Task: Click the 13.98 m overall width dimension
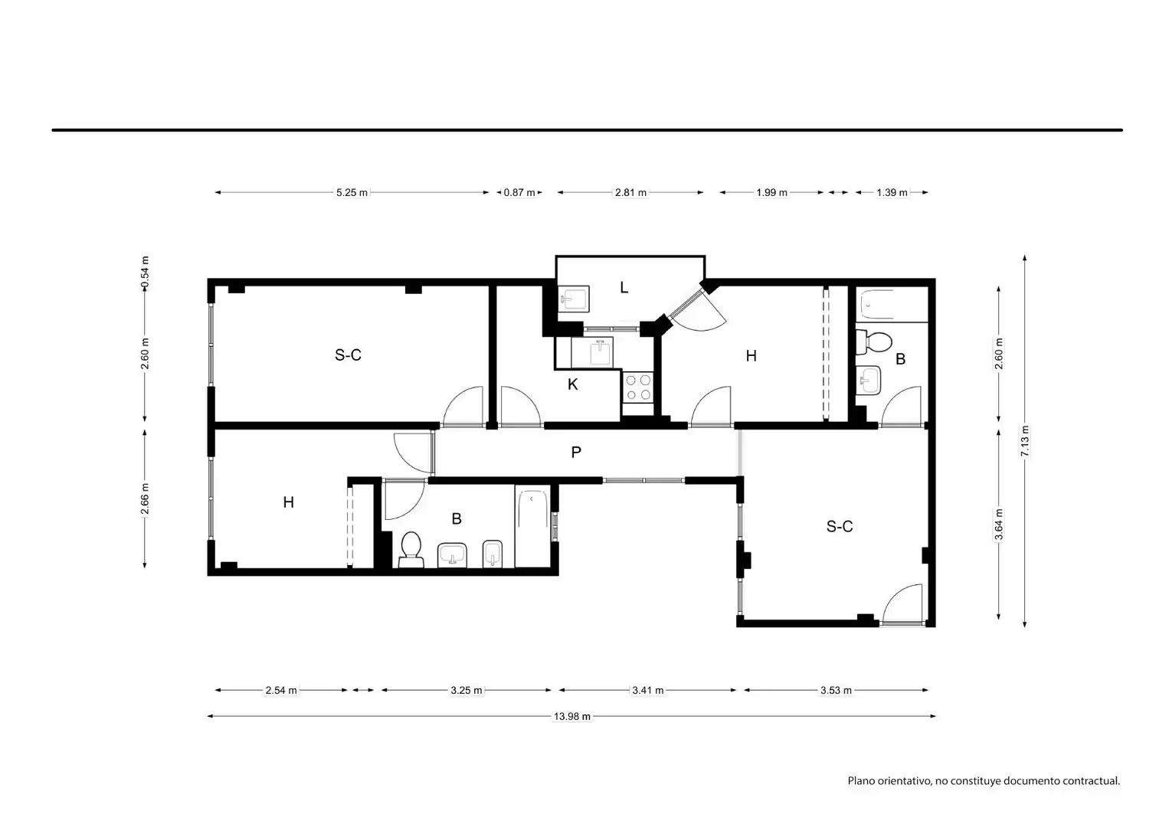point(572,717)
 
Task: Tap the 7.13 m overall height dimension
point(1025,441)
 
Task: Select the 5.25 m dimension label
point(352,192)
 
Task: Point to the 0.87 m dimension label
point(519,192)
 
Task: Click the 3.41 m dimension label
point(647,690)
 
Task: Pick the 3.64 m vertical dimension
point(999,524)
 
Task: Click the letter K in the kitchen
point(572,384)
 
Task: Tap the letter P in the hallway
point(576,452)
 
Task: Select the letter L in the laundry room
point(624,287)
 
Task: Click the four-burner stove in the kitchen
point(638,387)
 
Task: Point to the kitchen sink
point(601,353)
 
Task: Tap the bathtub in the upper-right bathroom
point(892,305)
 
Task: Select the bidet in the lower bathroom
point(493,554)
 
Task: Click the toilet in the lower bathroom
point(411,550)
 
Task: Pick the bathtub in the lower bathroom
point(533,526)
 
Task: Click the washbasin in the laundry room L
point(574,299)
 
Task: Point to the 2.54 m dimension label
point(281,690)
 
